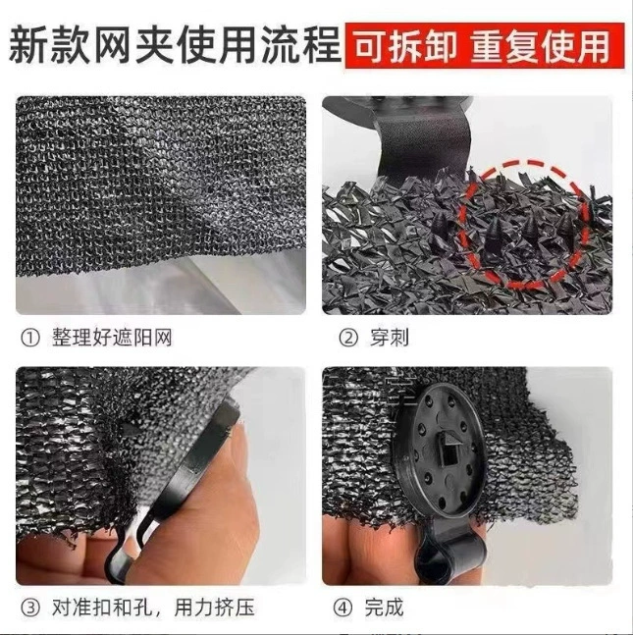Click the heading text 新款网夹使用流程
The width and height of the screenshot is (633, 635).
click(x=175, y=45)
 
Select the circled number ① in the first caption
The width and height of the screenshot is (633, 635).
click(x=30, y=339)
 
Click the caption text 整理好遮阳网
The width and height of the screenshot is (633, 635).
click(x=112, y=338)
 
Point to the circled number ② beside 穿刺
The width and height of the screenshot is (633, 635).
click(x=348, y=339)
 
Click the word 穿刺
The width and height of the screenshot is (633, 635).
click(x=389, y=338)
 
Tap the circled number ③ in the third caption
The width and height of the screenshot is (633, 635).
click(x=30, y=608)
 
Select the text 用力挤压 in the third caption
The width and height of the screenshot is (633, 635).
click(x=215, y=608)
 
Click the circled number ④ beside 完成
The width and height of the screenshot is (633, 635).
click(x=343, y=608)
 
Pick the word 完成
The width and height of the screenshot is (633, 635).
click(x=384, y=608)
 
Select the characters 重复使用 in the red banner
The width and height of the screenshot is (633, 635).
click(x=540, y=46)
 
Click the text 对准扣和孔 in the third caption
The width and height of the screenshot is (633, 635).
click(x=102, y=608)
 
